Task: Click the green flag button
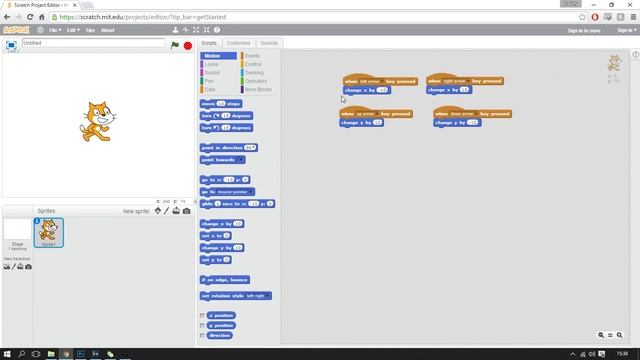tap(175, 45)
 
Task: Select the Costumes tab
tap(238, 43)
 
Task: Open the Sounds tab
tap(269, 43)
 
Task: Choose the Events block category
tap(252, 56)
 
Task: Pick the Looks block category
tap(211, 64)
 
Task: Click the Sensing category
tap(254, 72)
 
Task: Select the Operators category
tap(256, 81)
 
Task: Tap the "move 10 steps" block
tap(220, 103)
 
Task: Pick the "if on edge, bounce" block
tap(224, 280)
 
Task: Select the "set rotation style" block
tap(234, 296)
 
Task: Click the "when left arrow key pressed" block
tap(379, 81)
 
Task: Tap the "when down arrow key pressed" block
tap(472, 114)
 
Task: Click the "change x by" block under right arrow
tap(448, 90)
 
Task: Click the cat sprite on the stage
tap(93, 119)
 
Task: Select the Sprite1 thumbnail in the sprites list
tap(48, 232)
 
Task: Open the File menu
tap(55, 30)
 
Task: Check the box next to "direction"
tap(203, 335)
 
